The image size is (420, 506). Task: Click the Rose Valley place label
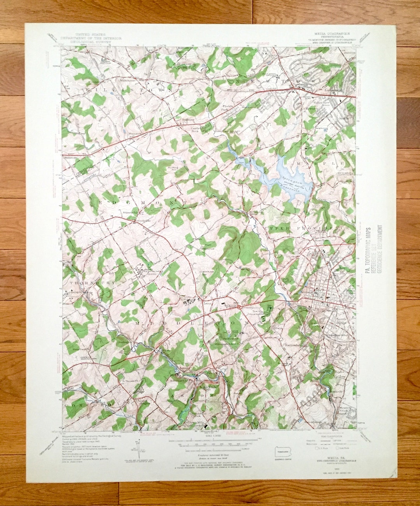(340, 374)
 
